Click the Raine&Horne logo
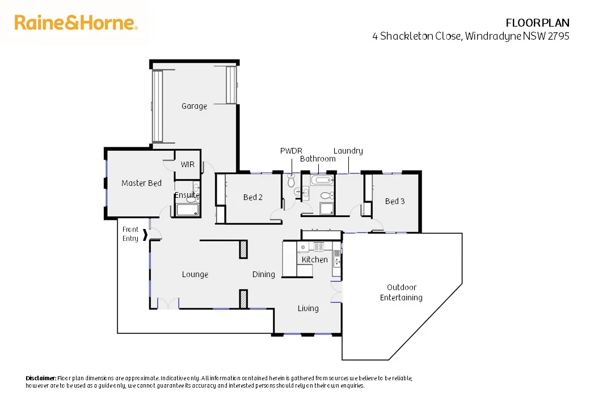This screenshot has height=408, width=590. pos(76,23)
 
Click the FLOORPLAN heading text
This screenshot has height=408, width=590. pos(537,23)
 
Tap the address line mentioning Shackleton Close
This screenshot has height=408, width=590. pos(470,36)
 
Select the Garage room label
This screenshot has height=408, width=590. pos(194,106)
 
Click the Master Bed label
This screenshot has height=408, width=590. pos(141,183)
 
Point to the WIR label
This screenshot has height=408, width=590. pos(187,164)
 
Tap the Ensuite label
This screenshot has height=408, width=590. pos(187,195)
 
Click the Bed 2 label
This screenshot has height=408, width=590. pos(252,197)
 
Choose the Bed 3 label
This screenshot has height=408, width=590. pos(394,201)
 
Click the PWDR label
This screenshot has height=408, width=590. pos(291,151)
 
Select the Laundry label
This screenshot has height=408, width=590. pos(348,151)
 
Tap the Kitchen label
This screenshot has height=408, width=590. pos(314,260)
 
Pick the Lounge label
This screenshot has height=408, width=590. pos(195,274)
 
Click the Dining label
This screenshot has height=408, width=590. pos(263,274)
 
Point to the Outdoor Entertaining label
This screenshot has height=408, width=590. pos(401,292)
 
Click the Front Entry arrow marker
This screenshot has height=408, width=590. pos(146,234)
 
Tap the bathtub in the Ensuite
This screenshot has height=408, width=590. pos(187,210)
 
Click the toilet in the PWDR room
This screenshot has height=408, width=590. pos(292,181)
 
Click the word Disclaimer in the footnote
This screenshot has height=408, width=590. pos(41,378)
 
